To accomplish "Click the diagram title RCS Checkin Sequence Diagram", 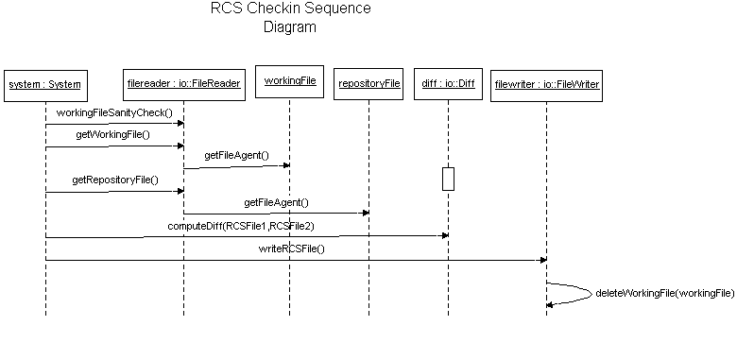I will [290, 18].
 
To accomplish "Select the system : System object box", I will [44, 85].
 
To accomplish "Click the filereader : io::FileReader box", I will [183, 84].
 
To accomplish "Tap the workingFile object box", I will [289, 82].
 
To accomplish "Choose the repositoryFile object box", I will [368, 84].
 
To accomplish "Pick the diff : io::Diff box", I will [448, 84].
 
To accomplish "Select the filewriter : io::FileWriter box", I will [546, 85].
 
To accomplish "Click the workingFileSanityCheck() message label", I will [114, 113].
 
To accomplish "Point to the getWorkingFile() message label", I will [112, 135].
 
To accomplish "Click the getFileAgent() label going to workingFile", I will [236, 155].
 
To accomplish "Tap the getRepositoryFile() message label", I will [114, 180].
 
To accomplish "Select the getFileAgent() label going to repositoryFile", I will [276, 202].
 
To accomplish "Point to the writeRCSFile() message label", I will [291, 249].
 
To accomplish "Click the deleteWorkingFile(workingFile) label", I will [664, 293].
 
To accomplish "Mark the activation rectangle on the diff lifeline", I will [448, 179].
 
